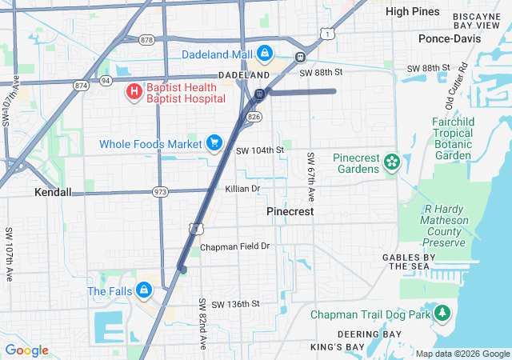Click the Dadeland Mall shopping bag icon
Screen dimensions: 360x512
coord(265,54)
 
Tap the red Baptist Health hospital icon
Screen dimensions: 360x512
coord(134,92)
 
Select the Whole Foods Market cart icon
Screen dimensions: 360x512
coord(214,143)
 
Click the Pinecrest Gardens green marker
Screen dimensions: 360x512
coord(392,162)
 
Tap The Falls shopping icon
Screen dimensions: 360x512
coord(144,290)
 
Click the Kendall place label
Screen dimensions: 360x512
coord(53,193)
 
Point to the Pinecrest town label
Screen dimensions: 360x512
coord(290,212)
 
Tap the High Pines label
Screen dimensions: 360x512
coord(412,11)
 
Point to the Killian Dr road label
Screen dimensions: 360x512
coord(242,189)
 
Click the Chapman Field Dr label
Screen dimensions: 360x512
coord(235,246)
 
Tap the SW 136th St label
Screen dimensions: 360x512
coord(230,304)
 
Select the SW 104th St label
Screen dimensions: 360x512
coord(260,150)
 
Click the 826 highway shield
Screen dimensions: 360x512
coord(254,117)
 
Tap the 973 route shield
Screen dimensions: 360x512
coord(161,192)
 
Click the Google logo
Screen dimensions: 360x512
coord(27,350)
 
